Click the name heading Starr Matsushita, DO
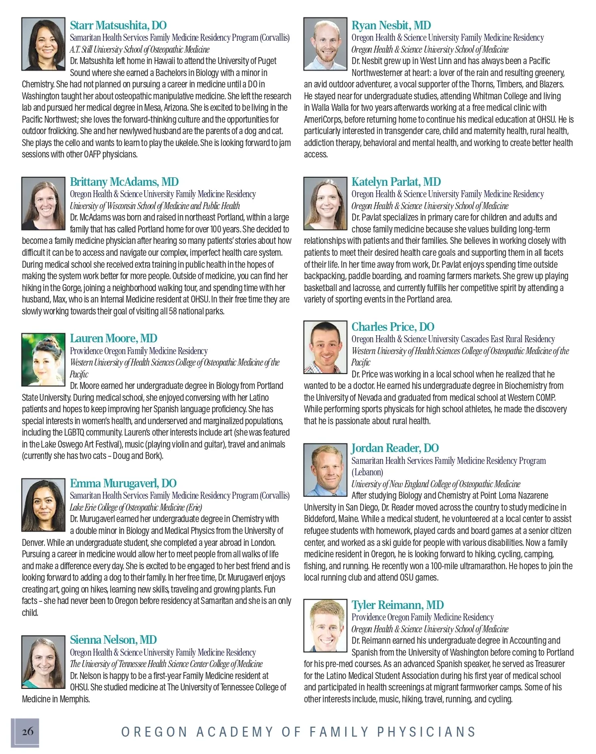pyautogui.click(x=118, y=25)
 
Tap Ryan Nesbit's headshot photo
pyautogui.click(x=325, y=44)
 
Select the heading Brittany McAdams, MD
pyautogui.click(x=124, y=182)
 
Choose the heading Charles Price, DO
pyautogui.click(x=393, y=327)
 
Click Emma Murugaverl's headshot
pyautogui.click(x=43, y=505)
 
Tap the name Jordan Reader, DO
pyautogui.click(x=395, y=448)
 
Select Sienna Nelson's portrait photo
pyautogui.click(x=43, y=662)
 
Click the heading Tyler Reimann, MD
pyautogui.click(x=397, y=605)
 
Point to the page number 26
pyautogui.click(x=27, y=731)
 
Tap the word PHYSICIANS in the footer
pyautogui.click(x=427, y=732)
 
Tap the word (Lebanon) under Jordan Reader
pyautogui.click(x=368, y=472)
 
